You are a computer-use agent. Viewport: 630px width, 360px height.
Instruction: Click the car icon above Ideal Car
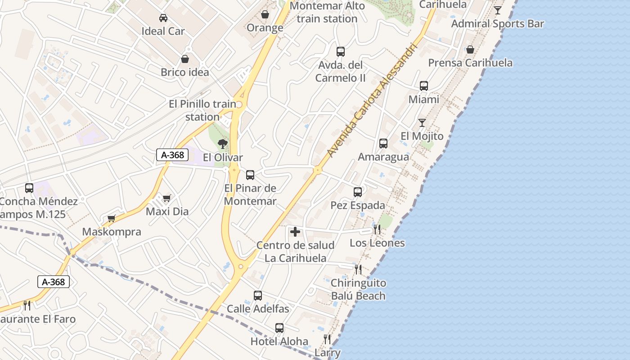163,18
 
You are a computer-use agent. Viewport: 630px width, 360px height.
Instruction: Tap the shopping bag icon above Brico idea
185,59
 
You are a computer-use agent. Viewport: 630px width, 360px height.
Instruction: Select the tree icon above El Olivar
222,144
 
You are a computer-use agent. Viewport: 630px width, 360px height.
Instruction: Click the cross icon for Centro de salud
295,232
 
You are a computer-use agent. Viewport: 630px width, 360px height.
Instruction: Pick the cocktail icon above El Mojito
422,123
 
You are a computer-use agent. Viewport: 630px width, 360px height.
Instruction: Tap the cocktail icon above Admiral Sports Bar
498,10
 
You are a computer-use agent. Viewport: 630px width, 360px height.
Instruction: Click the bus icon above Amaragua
383,144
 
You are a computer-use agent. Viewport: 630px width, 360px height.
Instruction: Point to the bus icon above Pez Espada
358,192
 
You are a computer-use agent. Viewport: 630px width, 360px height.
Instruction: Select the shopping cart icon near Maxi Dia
167,198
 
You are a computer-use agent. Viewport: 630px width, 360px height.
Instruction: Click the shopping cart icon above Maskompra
111,219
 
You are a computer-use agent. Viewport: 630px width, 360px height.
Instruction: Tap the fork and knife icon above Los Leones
377,229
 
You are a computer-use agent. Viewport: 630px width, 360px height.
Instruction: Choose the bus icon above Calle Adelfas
258,296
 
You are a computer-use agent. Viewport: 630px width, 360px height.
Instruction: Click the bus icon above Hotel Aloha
279,328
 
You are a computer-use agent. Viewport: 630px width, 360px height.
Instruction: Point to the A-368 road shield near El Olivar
172,155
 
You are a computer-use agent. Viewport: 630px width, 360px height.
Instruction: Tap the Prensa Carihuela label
470,63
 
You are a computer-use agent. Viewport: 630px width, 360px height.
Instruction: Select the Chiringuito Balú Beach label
358,289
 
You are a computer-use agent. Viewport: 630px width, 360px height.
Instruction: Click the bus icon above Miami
424,86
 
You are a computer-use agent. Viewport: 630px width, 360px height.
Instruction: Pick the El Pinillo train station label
202,110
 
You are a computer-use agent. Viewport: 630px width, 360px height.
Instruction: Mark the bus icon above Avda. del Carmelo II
341,52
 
